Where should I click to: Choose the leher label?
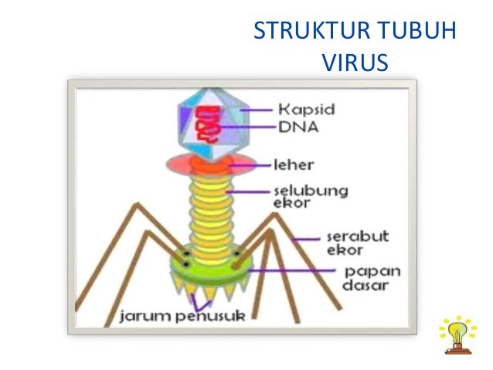294,165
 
